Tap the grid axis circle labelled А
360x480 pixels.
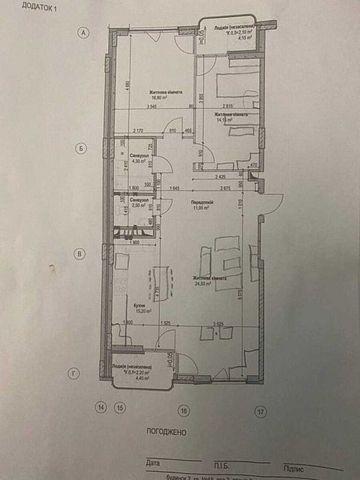[85, 33]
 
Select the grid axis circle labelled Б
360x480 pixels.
[82, 148]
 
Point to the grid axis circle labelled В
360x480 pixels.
[81, 253]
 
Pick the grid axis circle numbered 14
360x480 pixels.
[101, 408]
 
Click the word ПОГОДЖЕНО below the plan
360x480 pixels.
[166, 433]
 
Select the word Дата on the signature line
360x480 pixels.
[153, 464]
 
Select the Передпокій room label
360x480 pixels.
[203, 203]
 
